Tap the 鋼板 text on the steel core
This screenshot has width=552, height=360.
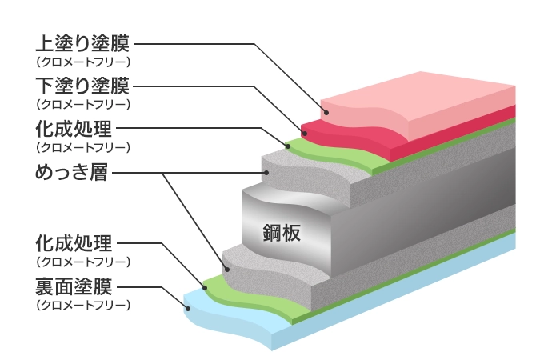pyautogui.click(x=281, y=231)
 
